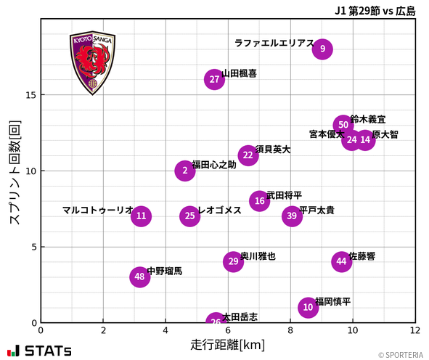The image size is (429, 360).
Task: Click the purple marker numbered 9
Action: [322, 49]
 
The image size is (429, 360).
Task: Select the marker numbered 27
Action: [214, 80]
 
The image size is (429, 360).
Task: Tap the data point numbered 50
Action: [343, 125]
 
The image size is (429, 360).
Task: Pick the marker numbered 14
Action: [365, 140]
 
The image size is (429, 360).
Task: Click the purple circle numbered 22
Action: [248, 155]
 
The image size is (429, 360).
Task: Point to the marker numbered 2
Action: [185, 171]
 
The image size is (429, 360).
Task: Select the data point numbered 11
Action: [142, 216]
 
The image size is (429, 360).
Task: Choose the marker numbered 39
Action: [292, 216]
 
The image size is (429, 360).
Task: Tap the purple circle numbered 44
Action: [342, 261]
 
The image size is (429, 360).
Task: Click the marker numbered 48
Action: [139, 277]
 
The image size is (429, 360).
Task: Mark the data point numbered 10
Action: [309, 307]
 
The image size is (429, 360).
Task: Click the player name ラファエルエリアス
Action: [274, 44]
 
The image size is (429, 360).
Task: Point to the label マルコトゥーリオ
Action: [98, 210]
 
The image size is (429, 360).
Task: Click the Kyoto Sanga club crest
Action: [92, 63]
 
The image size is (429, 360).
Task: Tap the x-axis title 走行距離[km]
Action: [227, 344]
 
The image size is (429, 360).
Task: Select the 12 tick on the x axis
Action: [414, 330]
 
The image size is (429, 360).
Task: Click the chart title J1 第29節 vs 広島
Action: [375, 10]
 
